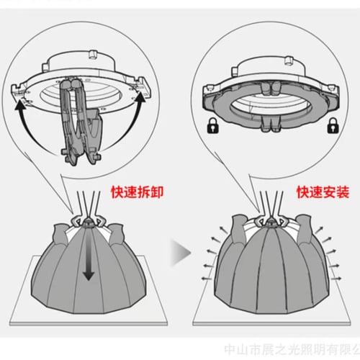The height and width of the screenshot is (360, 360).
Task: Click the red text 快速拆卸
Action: pos(137,192)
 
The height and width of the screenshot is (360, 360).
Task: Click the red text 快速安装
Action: pos(323,192)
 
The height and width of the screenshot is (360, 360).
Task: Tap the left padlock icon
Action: pos(213,125)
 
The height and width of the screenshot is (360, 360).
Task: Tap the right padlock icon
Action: pos(333,125)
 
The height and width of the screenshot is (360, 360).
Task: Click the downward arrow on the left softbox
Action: pos(89,259)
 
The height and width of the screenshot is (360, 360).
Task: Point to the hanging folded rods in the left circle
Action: pos(81,120)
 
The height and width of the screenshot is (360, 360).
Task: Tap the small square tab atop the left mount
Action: pos(93,54)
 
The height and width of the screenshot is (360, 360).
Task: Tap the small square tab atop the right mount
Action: pos(289,60)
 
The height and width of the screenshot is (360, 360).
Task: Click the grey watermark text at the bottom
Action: pos(292,350)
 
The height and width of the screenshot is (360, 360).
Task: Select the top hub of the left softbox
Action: pos(87,222)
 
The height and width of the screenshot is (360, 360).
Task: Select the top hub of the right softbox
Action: pos(271,222)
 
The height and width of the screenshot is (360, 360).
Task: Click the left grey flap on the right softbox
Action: pos(238,229)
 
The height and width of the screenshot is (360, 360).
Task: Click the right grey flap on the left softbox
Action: pos(117,234)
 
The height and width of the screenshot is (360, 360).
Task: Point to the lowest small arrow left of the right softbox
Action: pos(207,279)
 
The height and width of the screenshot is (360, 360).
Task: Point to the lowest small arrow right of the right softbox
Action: pos(336,279)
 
